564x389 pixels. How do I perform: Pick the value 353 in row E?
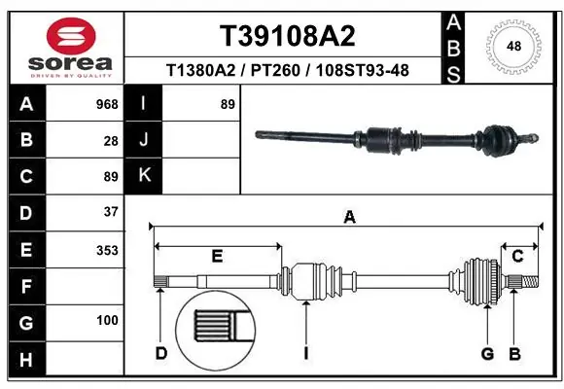107,250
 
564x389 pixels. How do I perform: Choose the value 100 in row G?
107,320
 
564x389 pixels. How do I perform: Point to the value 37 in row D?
110,211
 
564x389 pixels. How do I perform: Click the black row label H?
26,361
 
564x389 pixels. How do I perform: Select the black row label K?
145,176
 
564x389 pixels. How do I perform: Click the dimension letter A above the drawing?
349,218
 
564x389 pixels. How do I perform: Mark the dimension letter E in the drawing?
217,256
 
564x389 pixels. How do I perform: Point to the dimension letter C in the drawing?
518,256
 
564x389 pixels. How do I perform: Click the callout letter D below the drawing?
160,353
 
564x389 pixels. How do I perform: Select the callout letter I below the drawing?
305,353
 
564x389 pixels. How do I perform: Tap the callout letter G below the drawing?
487,353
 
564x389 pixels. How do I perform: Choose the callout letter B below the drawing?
514,353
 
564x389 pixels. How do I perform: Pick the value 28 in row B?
110,141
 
